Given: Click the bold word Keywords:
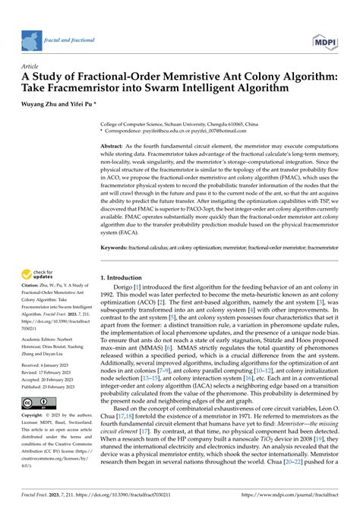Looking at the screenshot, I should [118, 246].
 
